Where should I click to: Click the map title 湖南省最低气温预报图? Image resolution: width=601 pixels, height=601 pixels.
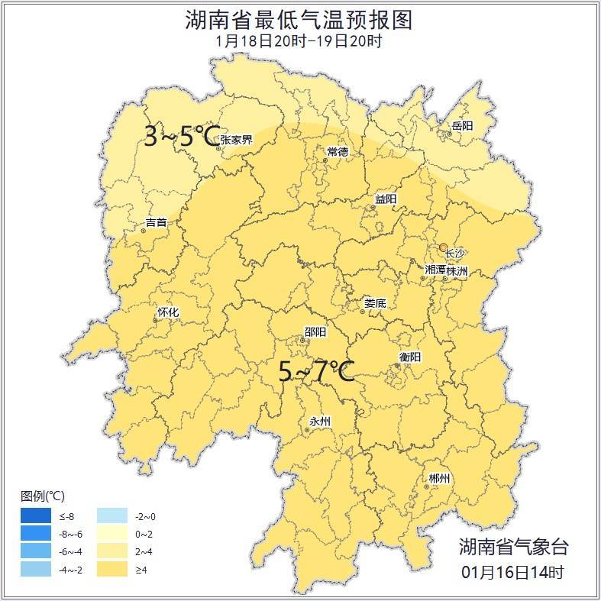(x=299, y=20)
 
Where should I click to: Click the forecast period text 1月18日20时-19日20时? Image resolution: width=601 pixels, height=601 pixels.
(x=299, y=41)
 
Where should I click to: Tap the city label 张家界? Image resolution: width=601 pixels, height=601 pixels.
(x=236, y=140)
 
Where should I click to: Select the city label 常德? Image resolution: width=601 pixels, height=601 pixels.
(x=338, y=152)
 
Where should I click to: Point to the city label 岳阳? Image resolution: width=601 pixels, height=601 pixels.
(x=462, y=125)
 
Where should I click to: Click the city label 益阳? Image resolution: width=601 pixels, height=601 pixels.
(x=386, y=199)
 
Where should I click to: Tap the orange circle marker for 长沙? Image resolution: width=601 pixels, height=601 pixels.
(x=443, y=247)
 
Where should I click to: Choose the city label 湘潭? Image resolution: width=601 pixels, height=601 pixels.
(x=435, y=270)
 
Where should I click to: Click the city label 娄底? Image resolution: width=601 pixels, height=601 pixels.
(x=375, y=303)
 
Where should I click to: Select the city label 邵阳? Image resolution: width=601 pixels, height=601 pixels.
(x=315, y=331)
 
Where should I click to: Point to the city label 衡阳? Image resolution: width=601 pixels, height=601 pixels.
(x=409, y=357)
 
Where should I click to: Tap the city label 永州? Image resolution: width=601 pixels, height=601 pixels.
(x=320, y=422)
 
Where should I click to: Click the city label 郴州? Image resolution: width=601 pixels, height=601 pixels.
(x=439, y=478)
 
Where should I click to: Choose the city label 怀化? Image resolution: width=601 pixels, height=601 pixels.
(x=167, y=312)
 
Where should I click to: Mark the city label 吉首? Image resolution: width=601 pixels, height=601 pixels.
(x=156, y=223)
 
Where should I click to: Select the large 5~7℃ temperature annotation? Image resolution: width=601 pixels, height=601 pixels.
(x=316, y=373)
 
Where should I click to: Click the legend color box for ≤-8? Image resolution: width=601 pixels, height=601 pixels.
(x=36, y=516)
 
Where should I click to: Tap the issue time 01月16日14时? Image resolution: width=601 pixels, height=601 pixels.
(x=512, y=571)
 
